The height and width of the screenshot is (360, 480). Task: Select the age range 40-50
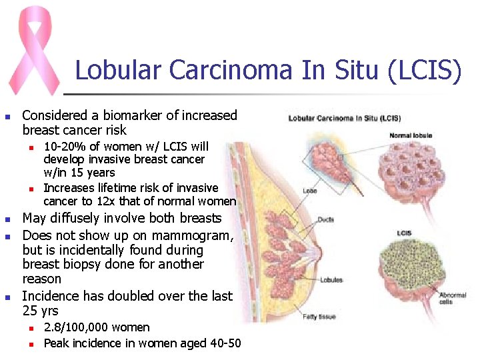(x=223, y=343)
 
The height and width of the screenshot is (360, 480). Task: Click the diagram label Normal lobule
(x=411, y=135)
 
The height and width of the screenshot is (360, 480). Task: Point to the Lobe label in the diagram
(x=309, y=191)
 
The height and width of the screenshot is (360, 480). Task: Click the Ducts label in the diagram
(x=325, y=219)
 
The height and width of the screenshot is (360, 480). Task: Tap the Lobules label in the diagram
(x=331, y=280)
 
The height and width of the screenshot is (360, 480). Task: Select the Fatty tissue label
(x=319, y=317)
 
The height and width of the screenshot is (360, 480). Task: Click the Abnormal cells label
(x=452, y=298)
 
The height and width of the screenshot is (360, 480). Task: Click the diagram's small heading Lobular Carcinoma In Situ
(x=344, y=119)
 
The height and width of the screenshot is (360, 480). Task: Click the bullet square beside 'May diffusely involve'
(x=7, y=219)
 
